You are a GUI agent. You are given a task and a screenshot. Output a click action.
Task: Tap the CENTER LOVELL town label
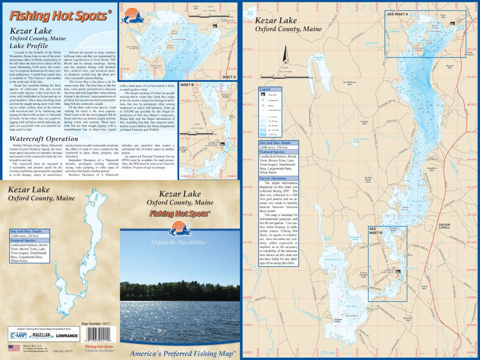[444, 226]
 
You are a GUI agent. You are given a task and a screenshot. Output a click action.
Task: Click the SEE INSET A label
[397, 14]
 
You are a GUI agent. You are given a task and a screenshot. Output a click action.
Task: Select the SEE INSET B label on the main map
[375, 230]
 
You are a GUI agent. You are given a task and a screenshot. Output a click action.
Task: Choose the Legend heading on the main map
[265, 90]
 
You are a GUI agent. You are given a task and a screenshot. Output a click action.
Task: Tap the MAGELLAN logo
[43, 335]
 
